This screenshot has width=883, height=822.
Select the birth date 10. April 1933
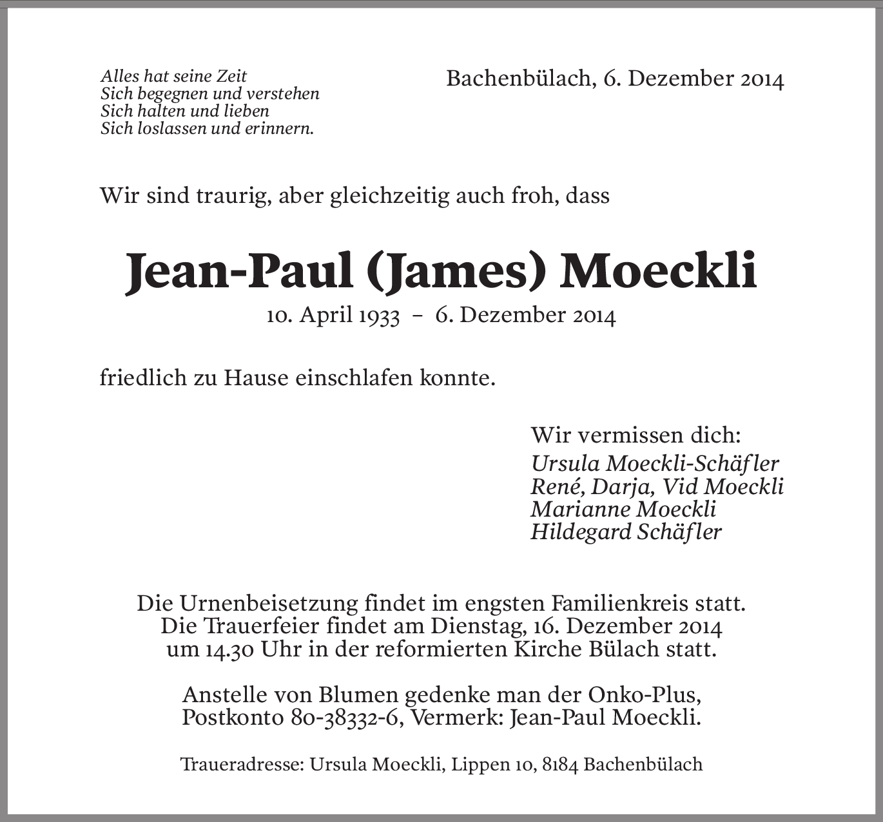coord(333,316)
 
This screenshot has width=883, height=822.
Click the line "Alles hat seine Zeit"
coord(174,76)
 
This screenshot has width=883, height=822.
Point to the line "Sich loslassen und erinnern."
coord(207,128)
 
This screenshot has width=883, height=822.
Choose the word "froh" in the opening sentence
coord(534,195)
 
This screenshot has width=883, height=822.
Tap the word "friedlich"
coord(142,378)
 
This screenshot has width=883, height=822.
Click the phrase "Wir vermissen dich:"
coord(636,435)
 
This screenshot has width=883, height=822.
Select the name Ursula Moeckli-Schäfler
coord(655,463)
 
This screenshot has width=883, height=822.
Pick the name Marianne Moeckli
coord(623,509)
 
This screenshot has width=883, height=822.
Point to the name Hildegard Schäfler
coord(626,531)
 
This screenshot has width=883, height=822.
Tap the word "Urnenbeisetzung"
coord(270,604)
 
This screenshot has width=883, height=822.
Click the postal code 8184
coord(560,765)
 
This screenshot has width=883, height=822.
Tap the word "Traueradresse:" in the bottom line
coord(242,765)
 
